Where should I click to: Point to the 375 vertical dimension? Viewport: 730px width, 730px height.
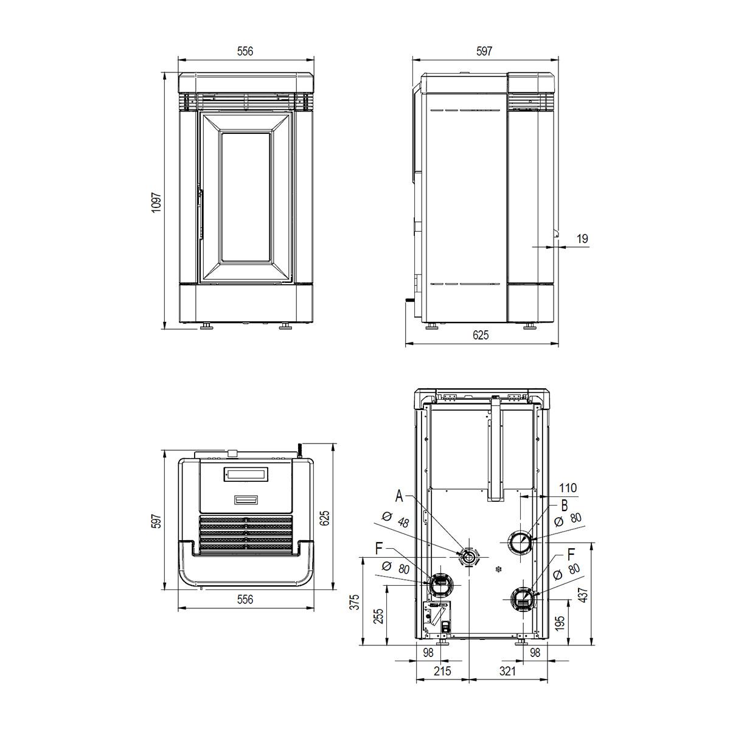pos(354,602)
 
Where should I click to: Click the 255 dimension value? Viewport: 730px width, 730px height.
pos(379,616)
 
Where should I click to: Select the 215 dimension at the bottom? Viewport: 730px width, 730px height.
pos(442,671)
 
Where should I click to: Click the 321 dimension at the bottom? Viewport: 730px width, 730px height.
pos(507,671)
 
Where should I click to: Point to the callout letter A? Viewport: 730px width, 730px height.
pos(399,496)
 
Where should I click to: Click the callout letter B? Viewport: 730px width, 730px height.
pos(564,505)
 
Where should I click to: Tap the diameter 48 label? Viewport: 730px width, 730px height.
pos(396,520)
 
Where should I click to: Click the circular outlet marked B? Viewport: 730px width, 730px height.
pos(520,542)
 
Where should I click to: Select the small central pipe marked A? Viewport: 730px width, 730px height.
pos(469,558)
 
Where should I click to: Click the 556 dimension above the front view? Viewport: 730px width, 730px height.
pos(245,51)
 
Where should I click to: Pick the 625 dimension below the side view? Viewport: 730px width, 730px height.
pos(481,335)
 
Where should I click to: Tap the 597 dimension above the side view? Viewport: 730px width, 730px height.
pos(484,51)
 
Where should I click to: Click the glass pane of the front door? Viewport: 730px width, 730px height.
pos(246,197)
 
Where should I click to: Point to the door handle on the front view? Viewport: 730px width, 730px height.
pos(201,212)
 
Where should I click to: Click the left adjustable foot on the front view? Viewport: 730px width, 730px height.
pos(207,325)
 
